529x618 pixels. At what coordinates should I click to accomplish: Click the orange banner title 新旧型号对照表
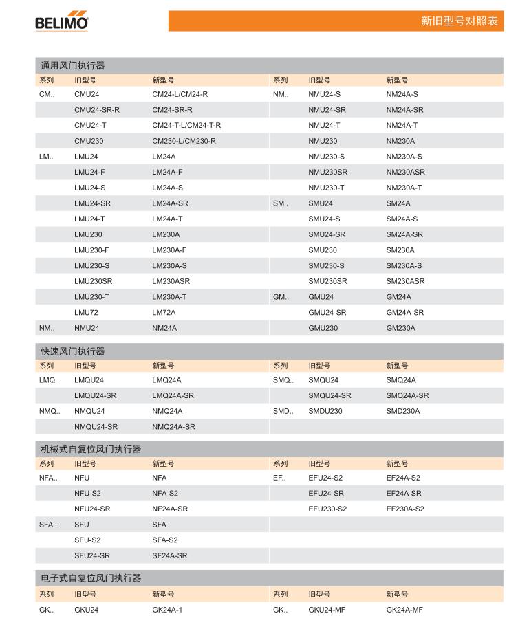point(459,21)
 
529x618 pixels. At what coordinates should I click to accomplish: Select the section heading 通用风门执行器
point(72,66)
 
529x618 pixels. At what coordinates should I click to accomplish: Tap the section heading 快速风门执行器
point(72,351)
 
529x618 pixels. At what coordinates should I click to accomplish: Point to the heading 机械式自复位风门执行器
point(91,449)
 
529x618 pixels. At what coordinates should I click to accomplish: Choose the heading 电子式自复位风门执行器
point(91,578)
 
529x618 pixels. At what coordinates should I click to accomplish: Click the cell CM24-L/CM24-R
point(180,94)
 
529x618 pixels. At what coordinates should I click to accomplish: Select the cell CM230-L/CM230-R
point(184,141)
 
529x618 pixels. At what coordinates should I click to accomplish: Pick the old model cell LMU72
point(86,313)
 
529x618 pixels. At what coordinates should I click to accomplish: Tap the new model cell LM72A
point(164,313)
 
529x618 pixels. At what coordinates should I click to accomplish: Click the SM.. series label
point(280,203)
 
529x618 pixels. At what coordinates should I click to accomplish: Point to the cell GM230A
point(400,328)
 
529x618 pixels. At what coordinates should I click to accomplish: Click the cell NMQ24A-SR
point(173,427)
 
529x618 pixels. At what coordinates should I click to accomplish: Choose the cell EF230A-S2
point(404,509)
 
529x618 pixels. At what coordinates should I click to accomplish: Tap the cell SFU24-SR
point(92,555)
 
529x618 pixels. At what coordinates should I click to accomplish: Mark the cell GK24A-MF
point(404,610)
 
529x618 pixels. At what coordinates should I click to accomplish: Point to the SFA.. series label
point(47,525)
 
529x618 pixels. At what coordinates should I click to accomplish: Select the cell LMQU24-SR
point(95,395)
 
